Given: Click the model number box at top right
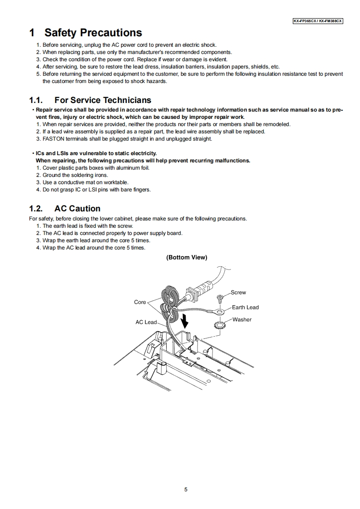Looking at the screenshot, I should (317, 21).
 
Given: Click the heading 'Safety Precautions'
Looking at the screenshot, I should (93, 33).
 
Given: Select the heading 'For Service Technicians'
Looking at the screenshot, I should (103, 100).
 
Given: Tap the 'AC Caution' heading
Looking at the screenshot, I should (77, 209).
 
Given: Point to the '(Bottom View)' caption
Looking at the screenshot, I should (187, 257).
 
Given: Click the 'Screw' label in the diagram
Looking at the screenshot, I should (238, 293).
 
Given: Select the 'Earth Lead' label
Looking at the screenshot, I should (245, 307).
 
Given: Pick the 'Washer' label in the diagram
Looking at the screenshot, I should (242, 319).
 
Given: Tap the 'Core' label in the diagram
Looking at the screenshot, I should (140, 302).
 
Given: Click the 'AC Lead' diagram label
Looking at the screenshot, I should (146, 322).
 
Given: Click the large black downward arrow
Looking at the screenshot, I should (184, 321).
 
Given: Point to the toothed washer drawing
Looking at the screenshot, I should (220, 325).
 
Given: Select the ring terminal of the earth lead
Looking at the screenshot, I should (220, 312).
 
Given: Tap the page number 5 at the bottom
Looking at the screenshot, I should (186, 489).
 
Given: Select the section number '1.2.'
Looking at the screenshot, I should (36, 209).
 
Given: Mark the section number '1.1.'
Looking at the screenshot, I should (36, 100).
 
